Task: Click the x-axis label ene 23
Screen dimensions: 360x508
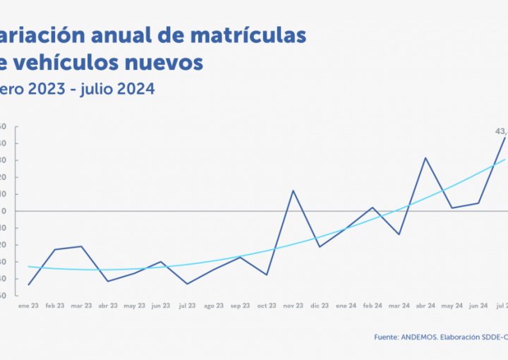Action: pyautogui.click(x=28, y=306)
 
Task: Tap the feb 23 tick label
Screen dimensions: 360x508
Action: pyautogui.click(x=55, y=306)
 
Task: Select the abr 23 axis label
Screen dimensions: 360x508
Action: pyautogui.click(x=108, y=306)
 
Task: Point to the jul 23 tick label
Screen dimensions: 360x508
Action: pyautogui.click(x=187, y=306)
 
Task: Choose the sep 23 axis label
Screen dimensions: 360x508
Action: pyautogui.click(x=240, y=306)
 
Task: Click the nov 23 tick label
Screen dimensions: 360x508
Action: pyautogui.click(x=293, y=306)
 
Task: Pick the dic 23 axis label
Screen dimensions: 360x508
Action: pyautogui.click(x=320, y=306)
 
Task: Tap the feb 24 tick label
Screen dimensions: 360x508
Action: pyautogui.click(x=373, y=306)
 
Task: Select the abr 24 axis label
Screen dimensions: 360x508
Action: pyautogui.click(x=425, y=306)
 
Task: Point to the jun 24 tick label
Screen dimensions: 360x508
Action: pyautogui.click(x=478, y=306)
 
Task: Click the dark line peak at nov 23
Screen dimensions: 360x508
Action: pyautogui.click(x=293, y=191)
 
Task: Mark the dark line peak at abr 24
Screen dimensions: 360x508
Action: pyautogui.click(x=425, y=157)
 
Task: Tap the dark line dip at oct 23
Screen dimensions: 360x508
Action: pyautogui.click(x=267, y=275)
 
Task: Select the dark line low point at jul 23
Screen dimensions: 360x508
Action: pyautogui.click(x=187, y=284)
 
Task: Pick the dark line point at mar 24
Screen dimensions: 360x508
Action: pyautogui.click(x=399, y=234)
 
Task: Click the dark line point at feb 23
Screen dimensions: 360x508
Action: pyautogui.click(x=55, y=249)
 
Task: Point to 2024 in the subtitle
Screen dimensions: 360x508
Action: pyautogui.click(x=134, y=90)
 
